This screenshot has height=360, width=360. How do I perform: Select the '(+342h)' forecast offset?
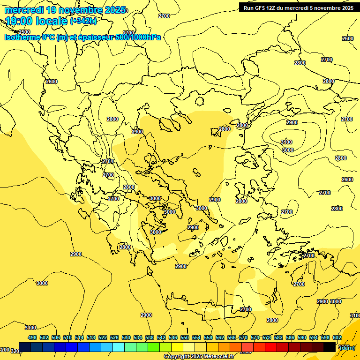pyautogui.click(x=83, y=21)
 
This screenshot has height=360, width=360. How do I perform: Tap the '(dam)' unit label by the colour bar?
pyautogui.click(x=347, y=347)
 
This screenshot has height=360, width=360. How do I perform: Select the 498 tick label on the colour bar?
pyautogui.click(x=32, y=337)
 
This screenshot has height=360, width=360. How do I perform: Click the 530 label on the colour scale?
pyautogui.click(x=126, y=337)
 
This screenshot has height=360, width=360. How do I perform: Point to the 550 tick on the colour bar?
pyautogui.click(x=185, y=337)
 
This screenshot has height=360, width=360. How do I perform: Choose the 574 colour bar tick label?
pyautogui.click(x=255, y=337)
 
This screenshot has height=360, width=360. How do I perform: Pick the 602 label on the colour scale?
pyautogui.click(x=337, y=337)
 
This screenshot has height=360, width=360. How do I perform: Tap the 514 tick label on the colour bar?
pyautogui.click(x=79, y=337)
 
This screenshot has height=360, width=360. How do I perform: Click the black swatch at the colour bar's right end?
pyautogui.click(x=330, y=347)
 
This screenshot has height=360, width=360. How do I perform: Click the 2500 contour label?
pyautogui.click(x=24, y=32)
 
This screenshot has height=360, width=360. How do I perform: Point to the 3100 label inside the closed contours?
pyautogui.click(x=286, y=142)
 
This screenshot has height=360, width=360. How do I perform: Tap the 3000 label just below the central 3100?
pyautogui.click(x=288, y=150)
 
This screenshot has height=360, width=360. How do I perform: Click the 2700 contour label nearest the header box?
pyautogui.click(x=327, y=60)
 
